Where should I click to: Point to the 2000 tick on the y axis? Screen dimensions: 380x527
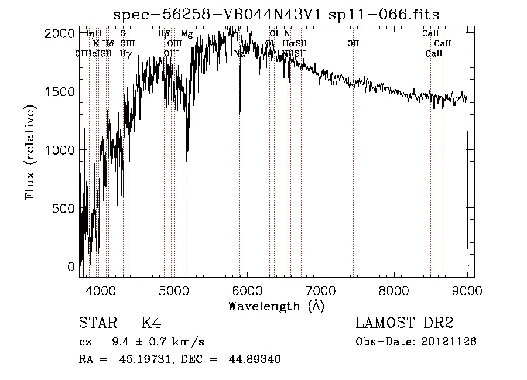pos(59,33)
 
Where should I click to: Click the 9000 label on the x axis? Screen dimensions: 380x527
pos(467,290)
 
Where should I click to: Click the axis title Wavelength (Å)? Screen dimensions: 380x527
pos(276,306)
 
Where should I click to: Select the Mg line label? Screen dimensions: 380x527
pos(187,34)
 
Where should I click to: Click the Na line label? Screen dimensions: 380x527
pos(239,54)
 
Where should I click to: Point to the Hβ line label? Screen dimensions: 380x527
pos(164,34)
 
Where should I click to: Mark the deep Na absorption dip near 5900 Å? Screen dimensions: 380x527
pos(239,108)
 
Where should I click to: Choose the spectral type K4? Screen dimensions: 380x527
pos(151,323)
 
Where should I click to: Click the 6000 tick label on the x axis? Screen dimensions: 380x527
pos(247,290)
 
